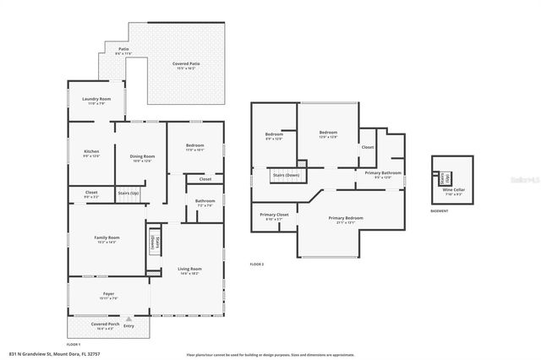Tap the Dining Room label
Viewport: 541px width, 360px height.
(142, 156)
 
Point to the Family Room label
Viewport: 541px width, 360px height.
(107, 237)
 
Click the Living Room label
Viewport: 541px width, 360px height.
(189, 269)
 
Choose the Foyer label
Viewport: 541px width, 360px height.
(108, 294)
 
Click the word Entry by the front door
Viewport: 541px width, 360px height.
(129, 325)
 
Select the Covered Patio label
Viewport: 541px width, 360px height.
(185, 64)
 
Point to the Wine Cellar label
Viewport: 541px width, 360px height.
(452, 191)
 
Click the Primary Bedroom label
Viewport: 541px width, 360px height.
(349, 218)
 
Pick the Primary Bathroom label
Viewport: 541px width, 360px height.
(378, 173)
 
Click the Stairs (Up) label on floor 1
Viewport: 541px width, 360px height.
(128, 194)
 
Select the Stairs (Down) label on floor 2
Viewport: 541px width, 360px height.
(285, 176)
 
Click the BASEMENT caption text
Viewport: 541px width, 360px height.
(440, 211)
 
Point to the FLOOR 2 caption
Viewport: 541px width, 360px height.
(258, 264)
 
